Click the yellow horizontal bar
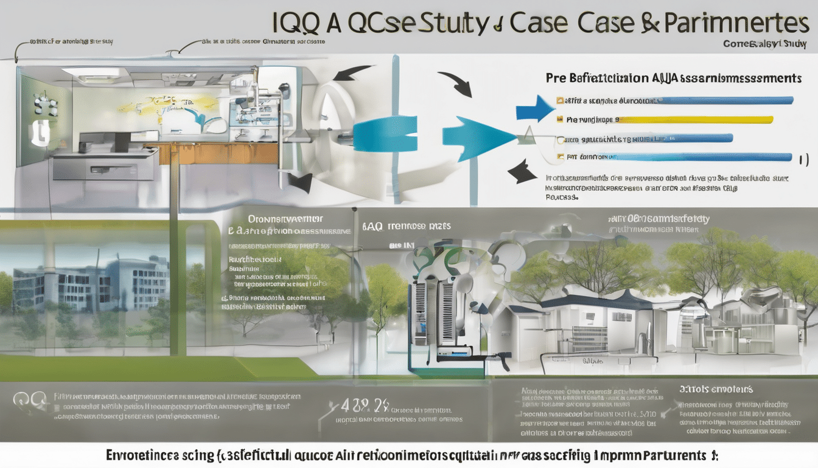click(694, 120)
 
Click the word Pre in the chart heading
click(556, 78)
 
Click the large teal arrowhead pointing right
click(478, 139)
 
